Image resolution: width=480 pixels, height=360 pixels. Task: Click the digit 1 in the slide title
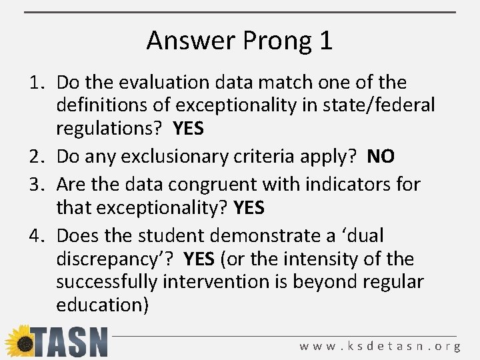(x=325, y=41)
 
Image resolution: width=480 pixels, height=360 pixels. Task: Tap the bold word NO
(x=381, y=157)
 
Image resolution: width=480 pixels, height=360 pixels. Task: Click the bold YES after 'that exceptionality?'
(x=249, y=209)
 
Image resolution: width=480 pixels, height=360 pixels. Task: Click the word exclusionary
(x=171, y=157)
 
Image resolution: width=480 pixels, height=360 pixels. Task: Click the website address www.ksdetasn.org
(x=380, y=346)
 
